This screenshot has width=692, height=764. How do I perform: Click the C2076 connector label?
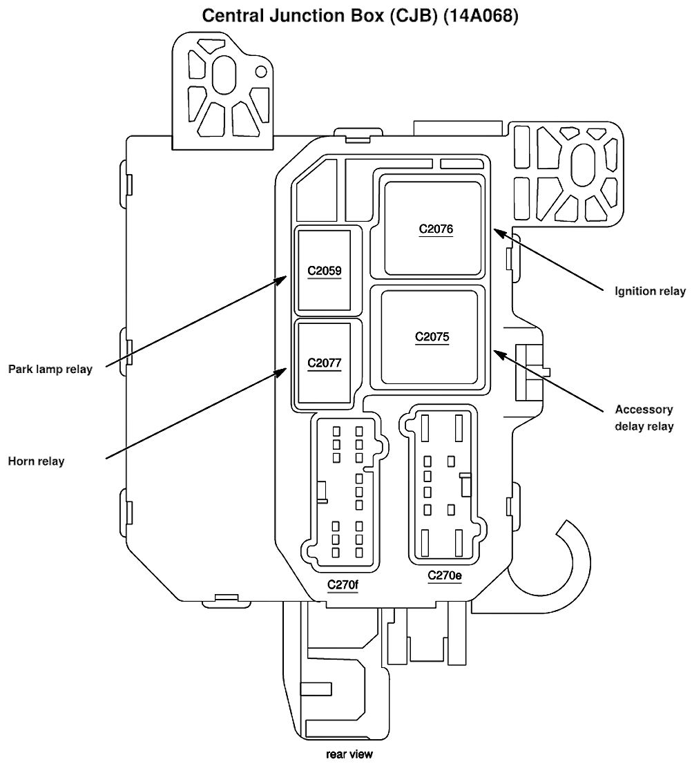tap(436, 229)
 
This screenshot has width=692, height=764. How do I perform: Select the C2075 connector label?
tap(432, 336)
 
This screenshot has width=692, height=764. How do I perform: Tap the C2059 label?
tap(325, 271)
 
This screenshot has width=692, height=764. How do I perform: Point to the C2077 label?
tap(325, 363)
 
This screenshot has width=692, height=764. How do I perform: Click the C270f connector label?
tap(343, 584)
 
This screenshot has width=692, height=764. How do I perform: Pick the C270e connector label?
tap(445, 575)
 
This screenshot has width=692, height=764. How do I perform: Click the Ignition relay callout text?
tap(650, 292)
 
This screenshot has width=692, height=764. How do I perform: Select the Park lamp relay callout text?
tap(50, 370)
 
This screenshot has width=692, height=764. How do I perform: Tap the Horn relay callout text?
tap(36, 461)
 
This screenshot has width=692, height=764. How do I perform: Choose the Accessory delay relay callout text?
tap(644, 417)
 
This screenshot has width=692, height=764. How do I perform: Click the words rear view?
tap(349, 754)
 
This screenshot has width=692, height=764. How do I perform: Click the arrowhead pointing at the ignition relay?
tap(499, 232)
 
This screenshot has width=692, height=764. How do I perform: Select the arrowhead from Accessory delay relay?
tap(499, 353)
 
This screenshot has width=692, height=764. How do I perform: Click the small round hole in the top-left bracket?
tap(262, 72)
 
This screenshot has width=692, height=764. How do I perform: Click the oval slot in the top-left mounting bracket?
tap(224, 75)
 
